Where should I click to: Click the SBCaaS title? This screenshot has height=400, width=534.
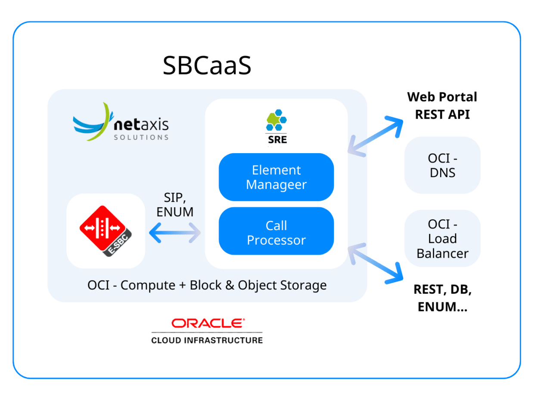[207, 65]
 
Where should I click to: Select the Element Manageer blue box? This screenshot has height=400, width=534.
[276, 177]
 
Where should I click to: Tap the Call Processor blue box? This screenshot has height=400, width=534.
[276, 233]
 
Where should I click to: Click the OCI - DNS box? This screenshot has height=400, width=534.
[442, 165]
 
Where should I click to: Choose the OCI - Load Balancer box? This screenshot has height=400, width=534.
[442, 239]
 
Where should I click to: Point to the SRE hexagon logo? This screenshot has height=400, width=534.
[276, 121]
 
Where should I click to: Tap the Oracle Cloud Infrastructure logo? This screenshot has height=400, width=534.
[207, 331]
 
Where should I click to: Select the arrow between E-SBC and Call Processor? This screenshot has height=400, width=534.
[175, 233]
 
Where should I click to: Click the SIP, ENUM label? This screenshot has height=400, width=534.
[175, 205]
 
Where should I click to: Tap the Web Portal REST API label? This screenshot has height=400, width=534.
[442, 106]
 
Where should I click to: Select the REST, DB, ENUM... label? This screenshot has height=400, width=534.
[442, 298]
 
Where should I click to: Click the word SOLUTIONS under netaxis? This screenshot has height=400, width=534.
[141, 137]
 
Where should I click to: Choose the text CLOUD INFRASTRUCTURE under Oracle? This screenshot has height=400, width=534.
[207, 340]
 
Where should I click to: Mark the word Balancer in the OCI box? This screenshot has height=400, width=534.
[442, 253]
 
